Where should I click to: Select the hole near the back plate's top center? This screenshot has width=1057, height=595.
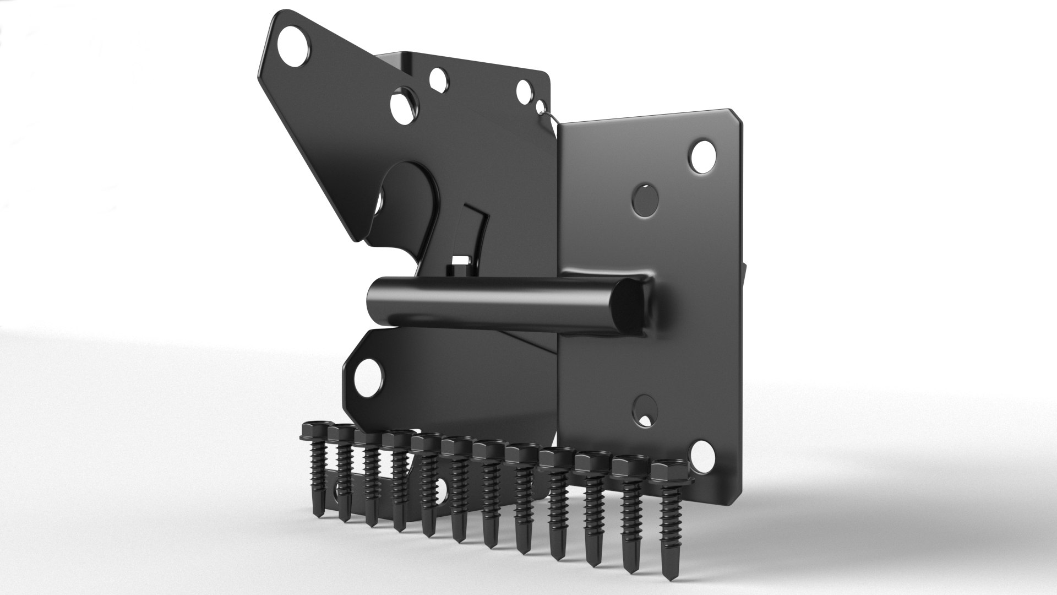point(439,79)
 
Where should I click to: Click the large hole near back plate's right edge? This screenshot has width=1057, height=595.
point(524,90)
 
